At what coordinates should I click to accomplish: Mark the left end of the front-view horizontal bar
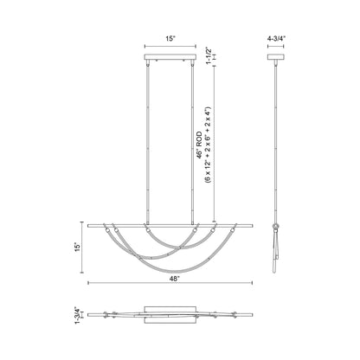95,223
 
